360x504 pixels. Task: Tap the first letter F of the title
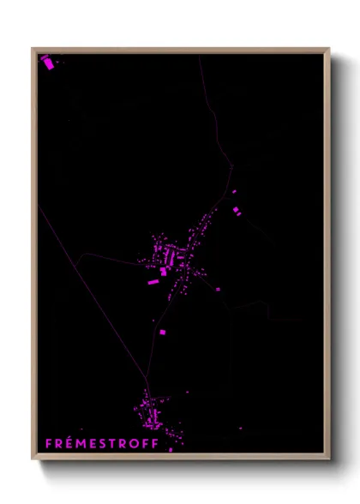(48, 443)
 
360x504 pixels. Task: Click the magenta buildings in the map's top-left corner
(47, 62)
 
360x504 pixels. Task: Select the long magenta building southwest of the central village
(153, 281)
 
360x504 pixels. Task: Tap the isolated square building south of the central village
(162, 331)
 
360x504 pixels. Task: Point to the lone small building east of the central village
(217, 289)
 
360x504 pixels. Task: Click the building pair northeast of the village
(236, 208)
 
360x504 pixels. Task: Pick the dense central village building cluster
(171, 257)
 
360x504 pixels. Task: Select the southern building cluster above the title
(152, 414)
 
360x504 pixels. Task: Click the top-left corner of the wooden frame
(33, 50)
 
